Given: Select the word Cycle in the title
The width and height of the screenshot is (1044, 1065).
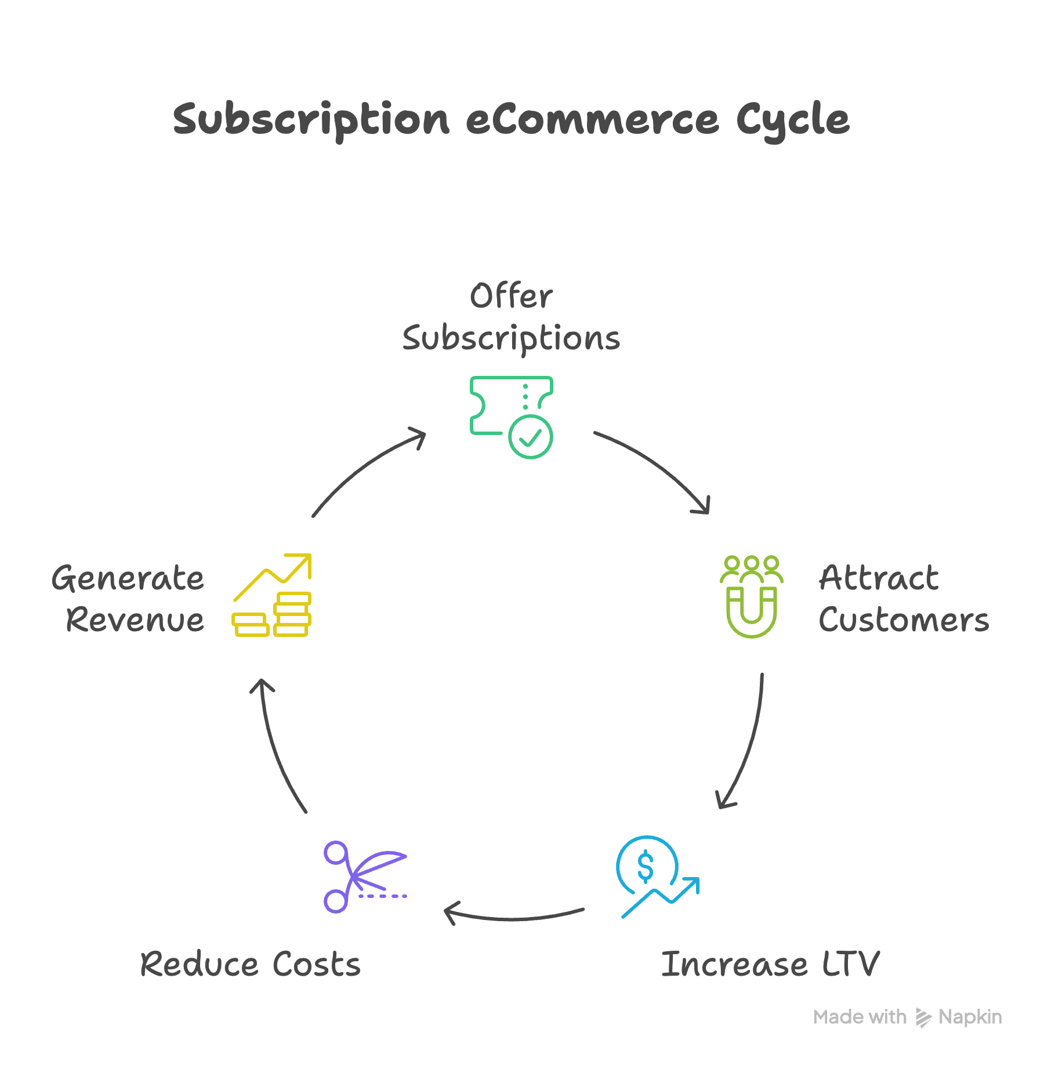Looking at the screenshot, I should [792, 120].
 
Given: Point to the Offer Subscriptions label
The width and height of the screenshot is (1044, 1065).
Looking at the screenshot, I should [511, 317].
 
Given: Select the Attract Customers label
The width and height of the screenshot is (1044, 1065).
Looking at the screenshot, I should [903, 599].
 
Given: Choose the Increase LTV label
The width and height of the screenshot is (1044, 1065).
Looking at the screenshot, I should [770, 965].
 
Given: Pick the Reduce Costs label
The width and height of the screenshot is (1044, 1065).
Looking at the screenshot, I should [251, 965].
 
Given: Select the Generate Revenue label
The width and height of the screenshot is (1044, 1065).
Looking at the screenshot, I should [128, 599].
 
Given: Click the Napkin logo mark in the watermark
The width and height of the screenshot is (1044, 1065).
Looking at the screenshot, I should [923, 1017].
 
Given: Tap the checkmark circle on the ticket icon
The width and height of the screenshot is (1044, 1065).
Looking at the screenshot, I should [530, 437].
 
